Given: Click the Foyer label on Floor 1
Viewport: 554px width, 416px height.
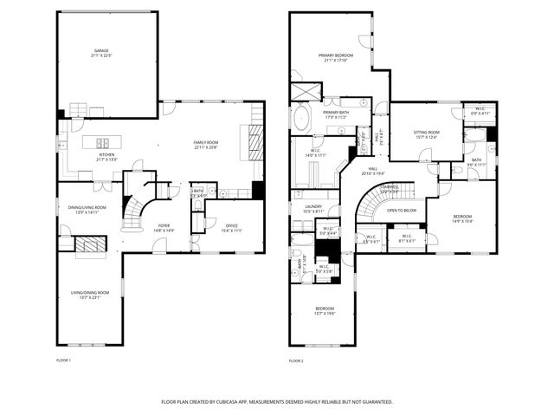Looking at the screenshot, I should [164, 227].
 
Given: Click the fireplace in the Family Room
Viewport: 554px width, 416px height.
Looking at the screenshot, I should [256, 140].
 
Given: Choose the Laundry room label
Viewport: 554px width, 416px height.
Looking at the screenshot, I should [313, 207].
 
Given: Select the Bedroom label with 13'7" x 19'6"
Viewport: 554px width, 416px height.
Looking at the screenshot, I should [325, 310].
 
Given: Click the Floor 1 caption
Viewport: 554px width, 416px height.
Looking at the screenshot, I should [63, 360].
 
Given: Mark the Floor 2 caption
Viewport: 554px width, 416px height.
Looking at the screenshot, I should [296, 360].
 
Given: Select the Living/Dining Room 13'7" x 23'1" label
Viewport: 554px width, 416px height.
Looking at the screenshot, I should [89, 295].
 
